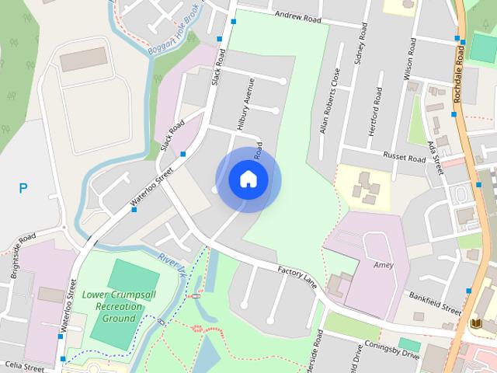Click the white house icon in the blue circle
[x=248, y=179]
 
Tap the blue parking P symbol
[x=23, y=188]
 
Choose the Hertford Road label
[x=377, y=111]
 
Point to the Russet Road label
[x=405, y=159]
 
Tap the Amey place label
[x=383, y=265]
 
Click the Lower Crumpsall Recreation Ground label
[x=113, y=306]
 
